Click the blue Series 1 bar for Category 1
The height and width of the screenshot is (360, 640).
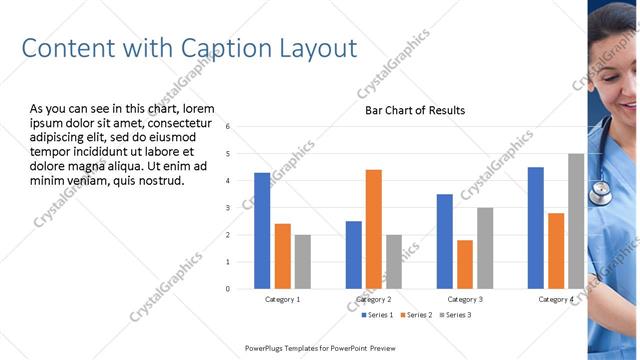tap(262, 231)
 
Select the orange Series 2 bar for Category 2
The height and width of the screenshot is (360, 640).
tap(374, 229)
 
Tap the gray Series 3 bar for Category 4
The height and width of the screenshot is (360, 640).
tap(576, 221)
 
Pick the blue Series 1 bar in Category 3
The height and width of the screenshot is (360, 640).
tap(445, 241)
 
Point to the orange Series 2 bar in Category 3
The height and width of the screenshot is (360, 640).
tap(465, 264)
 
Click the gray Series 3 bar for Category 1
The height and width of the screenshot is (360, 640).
tap(303, 262)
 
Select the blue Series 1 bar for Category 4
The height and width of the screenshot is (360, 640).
tap(536, 228)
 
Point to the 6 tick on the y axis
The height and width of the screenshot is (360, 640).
tap(228, 127)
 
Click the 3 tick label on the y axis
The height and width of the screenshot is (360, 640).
tap(228, 208)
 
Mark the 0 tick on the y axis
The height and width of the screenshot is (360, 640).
tap(228, 289)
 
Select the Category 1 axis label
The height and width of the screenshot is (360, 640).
tap(283, 300)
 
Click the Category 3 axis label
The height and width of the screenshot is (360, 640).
tap(465, 300)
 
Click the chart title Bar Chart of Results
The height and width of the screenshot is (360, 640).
tap(415, 110)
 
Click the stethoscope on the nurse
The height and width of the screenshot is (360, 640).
tap(601, 190)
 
